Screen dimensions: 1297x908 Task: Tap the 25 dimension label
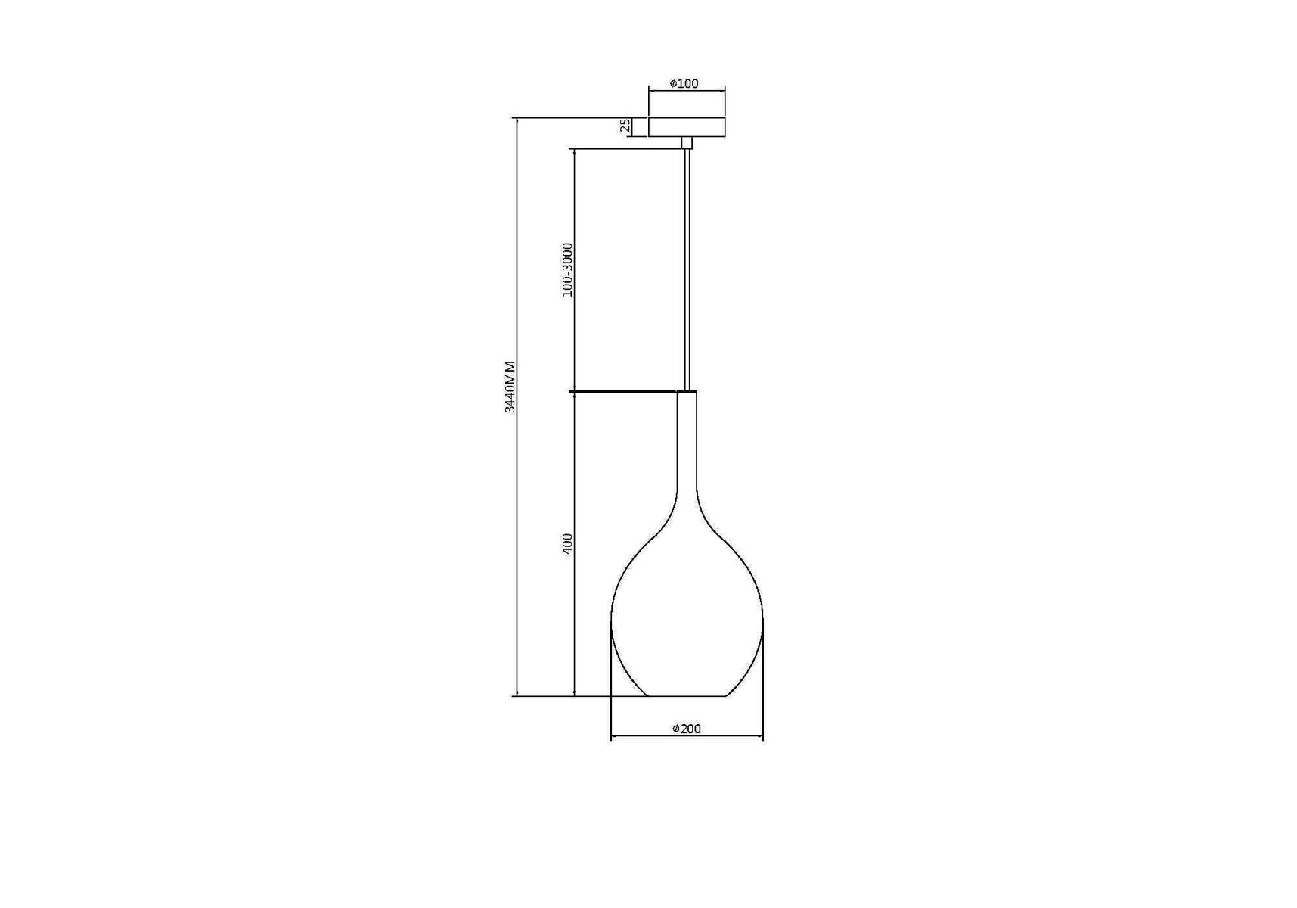click(x=625, y=126)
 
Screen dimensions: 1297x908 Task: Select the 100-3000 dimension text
click(x=568, y=270)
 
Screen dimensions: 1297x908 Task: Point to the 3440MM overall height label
click(x=510, y=387)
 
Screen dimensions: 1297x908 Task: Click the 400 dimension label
click(x=568, y=544)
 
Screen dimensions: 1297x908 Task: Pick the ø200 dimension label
click(x=687, y=729)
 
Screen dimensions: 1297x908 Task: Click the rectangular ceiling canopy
click(x=687, y=127)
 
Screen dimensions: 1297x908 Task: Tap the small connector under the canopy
click(x=687, y=143)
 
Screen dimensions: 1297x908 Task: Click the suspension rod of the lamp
click(x=687, y=269)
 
